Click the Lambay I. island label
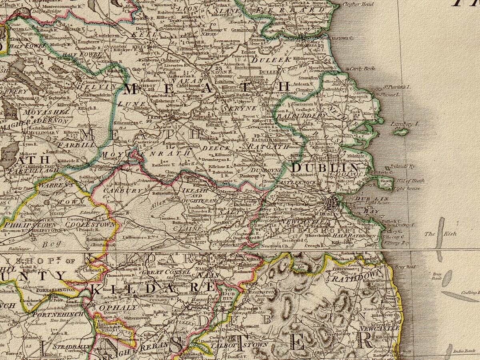tap(405, 124)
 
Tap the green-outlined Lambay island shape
tap(401, 132)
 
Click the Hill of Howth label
tap(409, 181)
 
